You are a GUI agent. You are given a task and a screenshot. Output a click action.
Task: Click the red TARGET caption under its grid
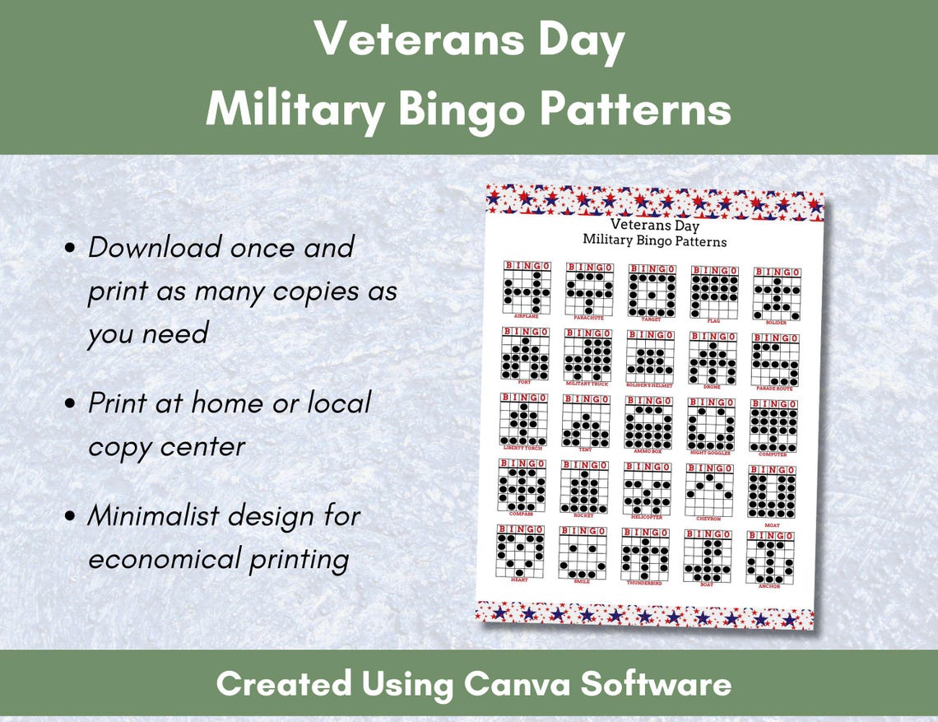[652, 319]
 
